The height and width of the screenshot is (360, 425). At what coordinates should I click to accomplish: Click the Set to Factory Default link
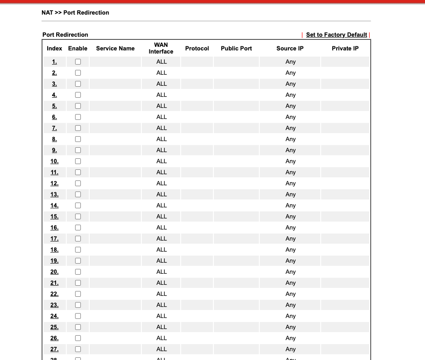[x=336, y=35]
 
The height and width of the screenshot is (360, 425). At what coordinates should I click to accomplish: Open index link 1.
[x=54, y=62]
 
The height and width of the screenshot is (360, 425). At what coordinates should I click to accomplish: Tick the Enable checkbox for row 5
[x=78, y=106]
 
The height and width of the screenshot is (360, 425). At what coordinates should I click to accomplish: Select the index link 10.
[x=54, y=161]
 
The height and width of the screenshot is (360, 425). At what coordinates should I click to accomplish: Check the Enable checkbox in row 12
[x=78, y=184]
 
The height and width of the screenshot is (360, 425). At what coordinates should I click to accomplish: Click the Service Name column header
[x=115, y=49]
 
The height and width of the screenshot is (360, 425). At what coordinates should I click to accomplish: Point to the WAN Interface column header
[x=161, y=48]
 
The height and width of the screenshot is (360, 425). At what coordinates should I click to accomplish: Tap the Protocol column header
[x=197, y=49]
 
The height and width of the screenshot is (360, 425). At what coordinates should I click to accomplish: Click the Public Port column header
[x=236, y=49]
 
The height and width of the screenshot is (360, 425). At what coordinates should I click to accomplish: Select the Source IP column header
[x=290, y=49]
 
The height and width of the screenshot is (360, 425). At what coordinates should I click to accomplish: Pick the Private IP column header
[x=345, y=49]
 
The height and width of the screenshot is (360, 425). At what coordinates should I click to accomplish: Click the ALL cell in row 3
[x=162, y=84]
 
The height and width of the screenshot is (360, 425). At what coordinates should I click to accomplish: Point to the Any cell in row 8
[x=290, y=139]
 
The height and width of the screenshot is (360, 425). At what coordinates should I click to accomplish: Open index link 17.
[x=54, y=239]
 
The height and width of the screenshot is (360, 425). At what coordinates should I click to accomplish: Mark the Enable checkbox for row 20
[x=78, y=272]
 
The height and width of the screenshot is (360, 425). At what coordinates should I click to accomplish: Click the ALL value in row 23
[x=162, y=305]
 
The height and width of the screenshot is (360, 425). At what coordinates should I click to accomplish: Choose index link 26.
[x=54, y=338]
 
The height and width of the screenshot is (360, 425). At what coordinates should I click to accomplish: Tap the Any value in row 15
[x=290, y=217]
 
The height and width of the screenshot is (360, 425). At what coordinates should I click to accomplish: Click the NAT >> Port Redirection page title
[x=75, y=13]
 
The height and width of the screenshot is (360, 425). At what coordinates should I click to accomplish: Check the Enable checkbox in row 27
[x=78, y=349]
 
